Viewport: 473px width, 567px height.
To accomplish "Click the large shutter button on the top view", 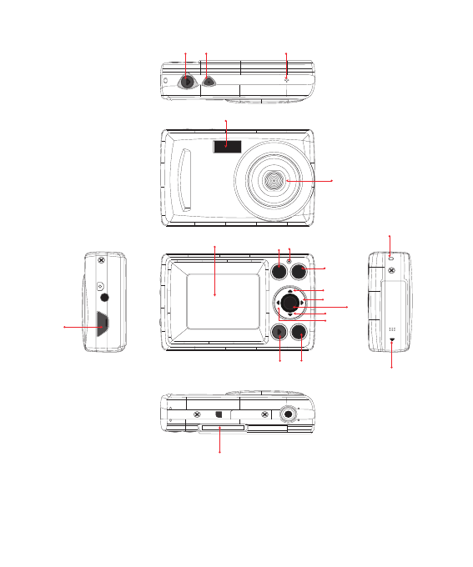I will point(185,82).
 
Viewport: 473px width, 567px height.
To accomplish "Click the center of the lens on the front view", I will point(274,180).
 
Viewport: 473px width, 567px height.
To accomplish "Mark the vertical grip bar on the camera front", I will point(187,179).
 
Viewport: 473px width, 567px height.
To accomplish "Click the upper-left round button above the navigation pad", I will point(279,269).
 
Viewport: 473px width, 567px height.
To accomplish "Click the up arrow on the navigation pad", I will point(289,289).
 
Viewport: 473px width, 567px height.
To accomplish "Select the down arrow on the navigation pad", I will point(289,314).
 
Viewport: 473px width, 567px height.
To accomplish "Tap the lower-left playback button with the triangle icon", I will point(279,334).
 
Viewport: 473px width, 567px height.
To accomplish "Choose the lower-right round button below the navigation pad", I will point(300,334).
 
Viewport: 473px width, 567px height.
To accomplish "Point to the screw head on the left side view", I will point(103,259).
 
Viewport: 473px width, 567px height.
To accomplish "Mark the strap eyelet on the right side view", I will point(390,256).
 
